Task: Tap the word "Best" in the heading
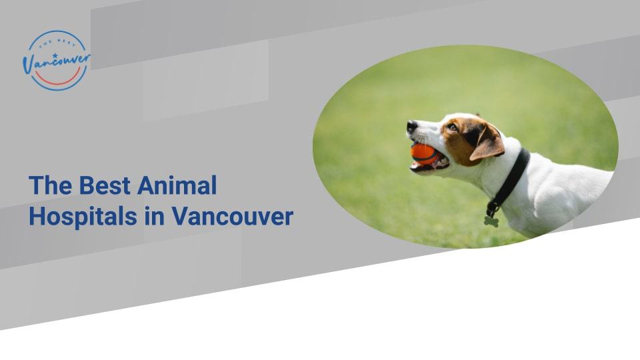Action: pyautogui.click(x=105, y=185)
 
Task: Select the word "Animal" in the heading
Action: pyautogui.click(x=177, y=185)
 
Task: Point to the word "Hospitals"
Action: pyautogui.click(x=83, y=217)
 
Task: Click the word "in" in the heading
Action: pyautogui.click(x=154, y=216)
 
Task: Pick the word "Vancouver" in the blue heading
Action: pyautogui.click(x=232, y=217)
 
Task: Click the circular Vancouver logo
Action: pyautogui.click(x=57, y=61)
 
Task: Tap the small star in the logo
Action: pyautogui.click(x=55, y=55)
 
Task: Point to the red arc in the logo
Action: pyautogui.click(x=57, y=79)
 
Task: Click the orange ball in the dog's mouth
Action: pyautogui.click(x=423, y=153)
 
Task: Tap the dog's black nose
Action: pyautogui.click(x=411, y=126)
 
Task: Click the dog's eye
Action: pyautogui.click(x=452, y=127)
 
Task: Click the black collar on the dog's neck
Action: pyautogui.click(x=511, y=177)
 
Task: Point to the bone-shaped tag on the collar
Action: pyautogui.click(x=491, y=221)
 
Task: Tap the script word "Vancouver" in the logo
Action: pyautogui.click(x=57, y=62)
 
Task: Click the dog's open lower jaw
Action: pyautogui.click(x=429, y=166)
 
